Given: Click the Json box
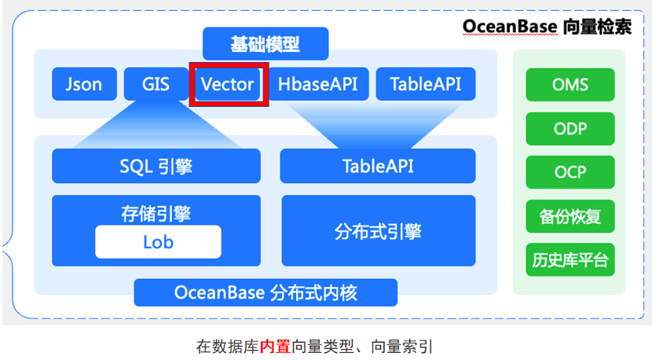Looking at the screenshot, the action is (84, 84).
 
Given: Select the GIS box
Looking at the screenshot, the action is (156, 84).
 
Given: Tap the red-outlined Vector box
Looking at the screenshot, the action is (228, 84).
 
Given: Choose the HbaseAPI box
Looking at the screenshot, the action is (318, 84).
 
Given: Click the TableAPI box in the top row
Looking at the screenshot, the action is (425, 84).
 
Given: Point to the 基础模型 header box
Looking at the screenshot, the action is (265, 44).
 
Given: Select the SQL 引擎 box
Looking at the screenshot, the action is (156, 166).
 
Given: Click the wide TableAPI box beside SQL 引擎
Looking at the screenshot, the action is (378, 166).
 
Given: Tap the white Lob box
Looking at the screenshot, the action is (158, 242).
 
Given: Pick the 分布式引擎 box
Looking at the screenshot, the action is (378, 231).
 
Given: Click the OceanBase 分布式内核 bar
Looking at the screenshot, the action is (266, 293).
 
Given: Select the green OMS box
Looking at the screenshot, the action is (570, 85).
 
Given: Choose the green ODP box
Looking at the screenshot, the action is (570, 129).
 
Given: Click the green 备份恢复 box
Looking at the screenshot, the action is (570, 216).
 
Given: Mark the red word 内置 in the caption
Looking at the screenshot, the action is (275, 346).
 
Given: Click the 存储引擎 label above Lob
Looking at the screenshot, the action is (156, 213).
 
